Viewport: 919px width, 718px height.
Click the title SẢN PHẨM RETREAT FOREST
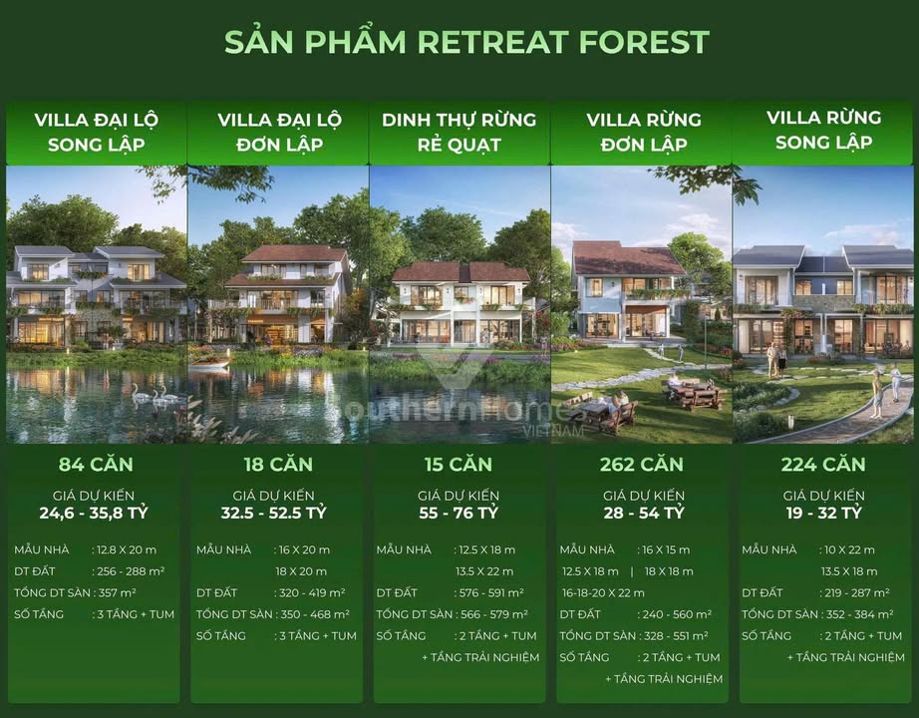pyautogui.click(x=466, y=42)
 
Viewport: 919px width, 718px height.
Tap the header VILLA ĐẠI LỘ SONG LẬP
pyautogui.click(x=96, y=132)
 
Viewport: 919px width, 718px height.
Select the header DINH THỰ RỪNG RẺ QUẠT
pyautogui.click(x=459, y=132)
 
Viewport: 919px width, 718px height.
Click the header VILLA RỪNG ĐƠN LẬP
pyautogui.click(x=643, y=132)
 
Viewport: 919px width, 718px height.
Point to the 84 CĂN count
pyautogui.click(x=96, y=464)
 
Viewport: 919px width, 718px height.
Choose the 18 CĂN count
pyautogui.click(x=277, y=464)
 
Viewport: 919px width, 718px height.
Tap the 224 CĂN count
pyautogui.click(x=823, y=464)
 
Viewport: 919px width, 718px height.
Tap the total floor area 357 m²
pyautogui.click(x=120, y=592)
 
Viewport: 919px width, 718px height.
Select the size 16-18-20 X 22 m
pyautogui.click(x=602, y=592)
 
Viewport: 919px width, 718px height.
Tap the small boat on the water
pyautogui.click(x=208, y=364)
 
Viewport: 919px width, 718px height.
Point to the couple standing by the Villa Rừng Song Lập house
pyautogui.click(x=775, y=359)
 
